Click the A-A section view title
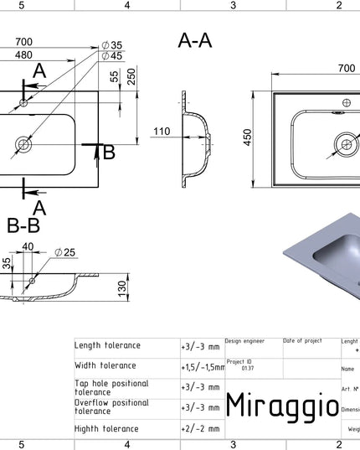tap(195, 39)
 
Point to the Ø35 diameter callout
tap(111, 44)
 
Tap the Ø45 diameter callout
tap(111, 56)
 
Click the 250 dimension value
tap(132, 76)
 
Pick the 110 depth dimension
tap(162, 131)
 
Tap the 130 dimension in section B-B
tap(122, 288)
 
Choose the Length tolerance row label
tap(108, 345)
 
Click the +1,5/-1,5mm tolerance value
tap(202, 367)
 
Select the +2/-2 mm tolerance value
tap(200, 427)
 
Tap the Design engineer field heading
tap(244, 341)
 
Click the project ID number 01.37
tap(248, 367)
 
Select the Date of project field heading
tap(302, 341)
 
